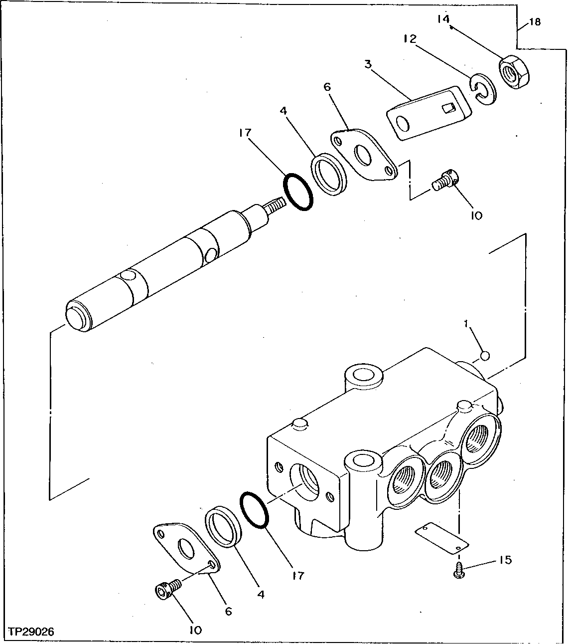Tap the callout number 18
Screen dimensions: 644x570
click(x=534, y=22)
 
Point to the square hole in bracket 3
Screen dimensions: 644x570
click(x=447, y=107)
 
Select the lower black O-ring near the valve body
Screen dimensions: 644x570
click(x=254, y=510)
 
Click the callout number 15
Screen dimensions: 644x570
click(x=504, y=560)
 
